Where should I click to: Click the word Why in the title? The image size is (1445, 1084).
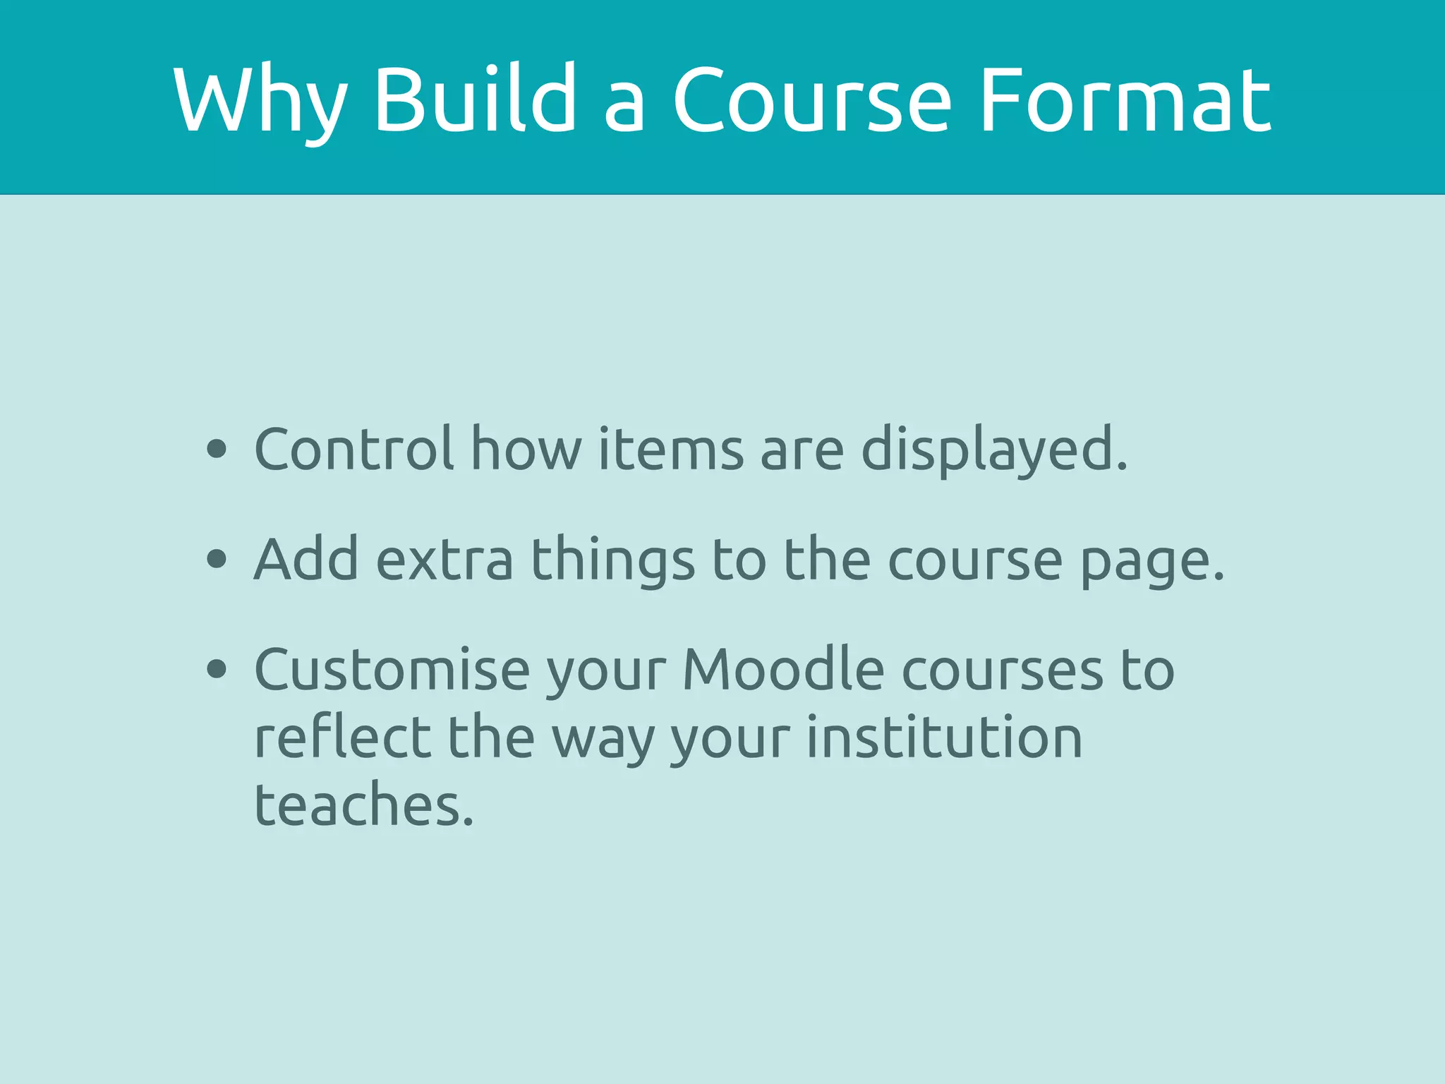click(259, 100)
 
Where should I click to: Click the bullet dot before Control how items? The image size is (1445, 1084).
click(217, 449)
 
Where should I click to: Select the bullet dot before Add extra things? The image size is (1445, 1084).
click(217, 559)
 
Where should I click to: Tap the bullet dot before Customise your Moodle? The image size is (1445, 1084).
click(217, 669)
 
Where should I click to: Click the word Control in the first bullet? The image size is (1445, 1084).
click(353, 449)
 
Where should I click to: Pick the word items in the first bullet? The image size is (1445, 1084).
click(670, 449)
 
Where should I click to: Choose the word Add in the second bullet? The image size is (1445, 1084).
click(306, 559)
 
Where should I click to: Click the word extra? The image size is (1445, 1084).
click(445, 560)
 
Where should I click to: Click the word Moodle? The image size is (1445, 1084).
click(783, 669)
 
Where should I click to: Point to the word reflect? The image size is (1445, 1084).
click(342, 737)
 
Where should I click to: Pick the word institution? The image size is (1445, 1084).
click(944, 737)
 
